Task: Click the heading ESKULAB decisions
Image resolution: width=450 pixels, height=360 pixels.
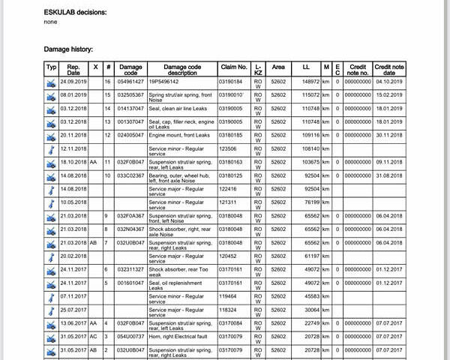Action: [x=75, y=13]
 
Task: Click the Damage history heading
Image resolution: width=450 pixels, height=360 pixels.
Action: [x=68, y=49]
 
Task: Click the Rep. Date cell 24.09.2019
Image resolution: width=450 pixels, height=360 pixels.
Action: [x=73, y=81]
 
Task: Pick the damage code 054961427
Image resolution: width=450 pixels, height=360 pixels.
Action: [x=130, y=81]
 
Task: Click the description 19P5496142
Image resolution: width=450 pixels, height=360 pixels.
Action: [x=165, y=81]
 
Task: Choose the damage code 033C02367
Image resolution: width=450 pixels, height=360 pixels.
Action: [x=130, y=175]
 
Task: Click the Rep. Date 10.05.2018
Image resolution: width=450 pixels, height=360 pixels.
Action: [x=73, y=202]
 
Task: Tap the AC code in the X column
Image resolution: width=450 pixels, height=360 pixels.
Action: [x=94, y=337]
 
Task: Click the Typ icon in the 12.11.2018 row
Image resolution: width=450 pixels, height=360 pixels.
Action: [x=51, y=148]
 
